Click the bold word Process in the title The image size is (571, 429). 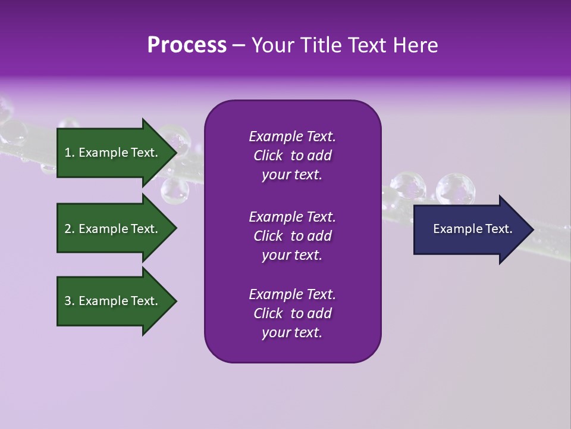click(x=187, y=45)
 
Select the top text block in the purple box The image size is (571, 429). click(x=292, y=156)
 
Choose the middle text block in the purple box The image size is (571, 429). click(x=292, y=236)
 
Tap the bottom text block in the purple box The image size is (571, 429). click(x=292, y=313)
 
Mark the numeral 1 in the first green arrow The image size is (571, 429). click(x=68, y=153)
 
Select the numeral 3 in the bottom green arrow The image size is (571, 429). click(x=68, y=301)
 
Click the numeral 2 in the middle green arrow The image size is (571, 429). click(x=68, y=229)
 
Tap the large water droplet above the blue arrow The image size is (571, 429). click(x=455, y=189)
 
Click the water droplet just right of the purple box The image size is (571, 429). click(x=408, y=186)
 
